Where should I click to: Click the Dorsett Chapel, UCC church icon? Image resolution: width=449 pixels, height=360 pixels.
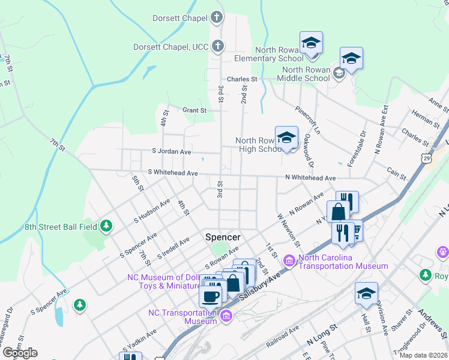218,46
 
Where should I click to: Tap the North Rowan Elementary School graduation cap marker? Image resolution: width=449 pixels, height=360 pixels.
311,43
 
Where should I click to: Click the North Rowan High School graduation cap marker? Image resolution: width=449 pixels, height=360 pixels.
286,137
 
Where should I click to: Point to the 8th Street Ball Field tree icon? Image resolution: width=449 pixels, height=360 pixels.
106,226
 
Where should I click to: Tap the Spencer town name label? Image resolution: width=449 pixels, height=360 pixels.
223,237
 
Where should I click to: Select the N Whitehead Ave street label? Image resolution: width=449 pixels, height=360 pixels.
310,178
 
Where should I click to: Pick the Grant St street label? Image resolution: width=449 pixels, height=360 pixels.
194,110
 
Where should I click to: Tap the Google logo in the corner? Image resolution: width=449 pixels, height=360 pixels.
20,353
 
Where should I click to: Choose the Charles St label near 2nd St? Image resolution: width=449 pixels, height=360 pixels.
241,79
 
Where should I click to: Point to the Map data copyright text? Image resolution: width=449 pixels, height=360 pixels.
423,355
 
